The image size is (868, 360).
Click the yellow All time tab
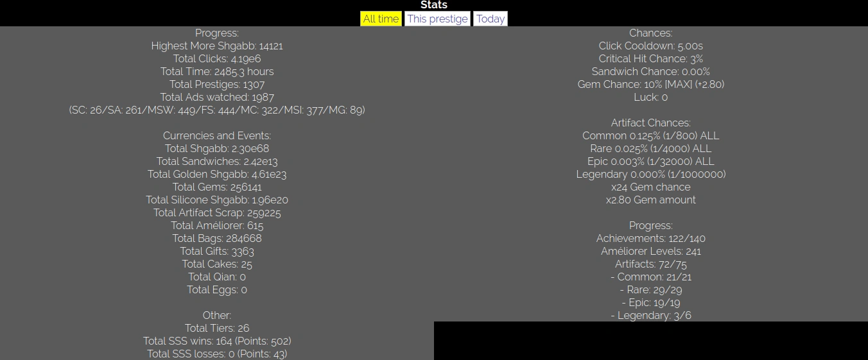tap(381, 19)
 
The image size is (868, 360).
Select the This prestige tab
tap(437, 19)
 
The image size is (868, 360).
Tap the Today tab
tap(490, 19)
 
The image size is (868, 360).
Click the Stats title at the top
tap(434, 5)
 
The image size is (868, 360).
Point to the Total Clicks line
tap(217, 58)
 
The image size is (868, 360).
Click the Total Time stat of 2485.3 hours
tap(217, 71)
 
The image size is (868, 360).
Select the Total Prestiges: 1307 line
tap(217, 84)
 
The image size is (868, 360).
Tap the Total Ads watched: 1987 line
tap(217, 97)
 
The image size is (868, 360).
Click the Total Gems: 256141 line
tap(217, 187)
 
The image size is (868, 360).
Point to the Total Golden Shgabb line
tap(217, 174)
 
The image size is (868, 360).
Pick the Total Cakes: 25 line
tap(217, 264)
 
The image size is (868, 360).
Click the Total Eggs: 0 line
tap(217, 289)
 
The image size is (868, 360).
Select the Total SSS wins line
tap(217, 341)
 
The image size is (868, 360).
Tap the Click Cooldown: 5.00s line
tap(650, 46)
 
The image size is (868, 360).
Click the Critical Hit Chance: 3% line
tap(650, 58)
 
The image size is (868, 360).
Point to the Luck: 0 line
tap(650, 97)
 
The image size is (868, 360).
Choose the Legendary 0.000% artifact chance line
tap(650, 174)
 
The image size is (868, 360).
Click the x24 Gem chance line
tap(650, 187)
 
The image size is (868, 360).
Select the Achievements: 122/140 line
tap(650, 238)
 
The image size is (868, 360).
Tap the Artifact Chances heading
tap(650, 123)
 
